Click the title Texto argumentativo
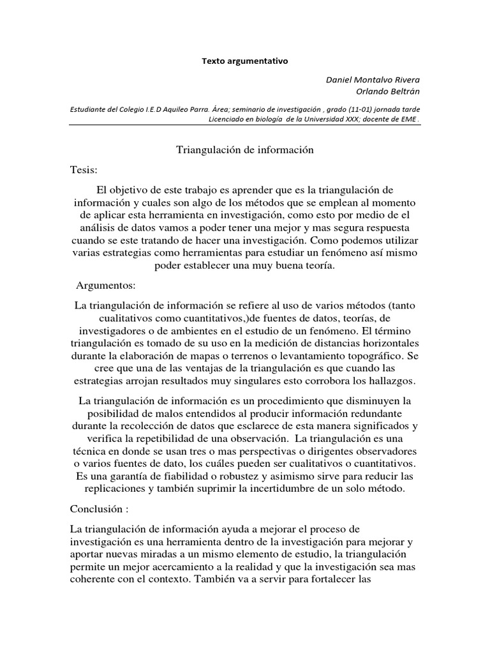pos(246,61)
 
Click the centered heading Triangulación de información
pos(245,149)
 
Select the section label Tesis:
pos(84,171)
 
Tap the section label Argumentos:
pos(106,284)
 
